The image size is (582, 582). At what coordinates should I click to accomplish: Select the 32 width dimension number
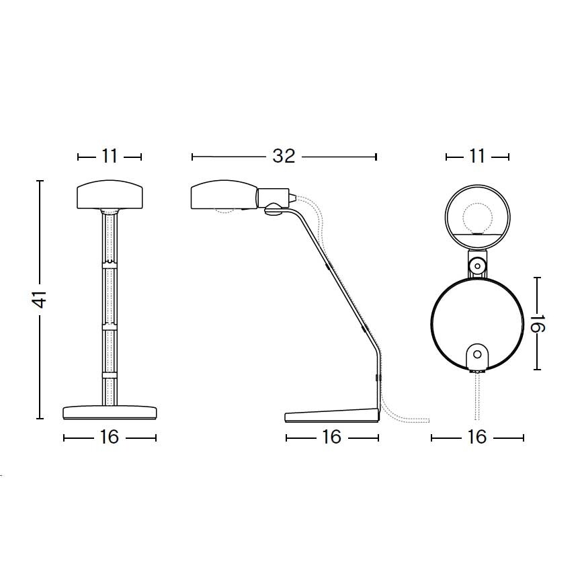coord(284,157)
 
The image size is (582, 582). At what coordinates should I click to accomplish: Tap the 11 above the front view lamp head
coord(110,157)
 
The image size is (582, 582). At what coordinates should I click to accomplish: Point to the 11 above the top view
coord(477,157)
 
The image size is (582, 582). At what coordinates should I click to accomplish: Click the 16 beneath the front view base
coord(110,438)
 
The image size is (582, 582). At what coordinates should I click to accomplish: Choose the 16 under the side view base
coord(332,438)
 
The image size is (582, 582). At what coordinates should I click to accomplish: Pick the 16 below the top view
coord(477,438)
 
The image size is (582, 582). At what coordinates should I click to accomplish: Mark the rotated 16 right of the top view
coord(539,323)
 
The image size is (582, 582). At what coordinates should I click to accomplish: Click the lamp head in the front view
coord(110,194)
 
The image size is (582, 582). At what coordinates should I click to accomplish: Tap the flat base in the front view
coord(110,412)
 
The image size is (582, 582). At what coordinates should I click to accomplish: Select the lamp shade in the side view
coord(223,196)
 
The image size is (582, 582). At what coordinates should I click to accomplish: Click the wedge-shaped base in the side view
coord(332,415)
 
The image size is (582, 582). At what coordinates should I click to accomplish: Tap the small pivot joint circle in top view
coord(477,266)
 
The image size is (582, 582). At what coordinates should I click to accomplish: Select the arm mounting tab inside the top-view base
coord(477,356)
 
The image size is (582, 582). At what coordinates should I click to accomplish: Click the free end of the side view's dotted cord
coord(427,421)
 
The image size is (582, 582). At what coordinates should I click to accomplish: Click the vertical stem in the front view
coord(110,302)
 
